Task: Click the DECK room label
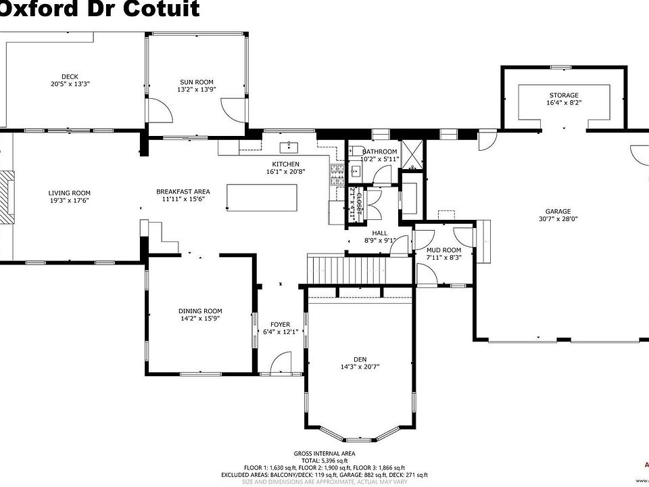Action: [70, 76]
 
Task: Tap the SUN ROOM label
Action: [195, 82]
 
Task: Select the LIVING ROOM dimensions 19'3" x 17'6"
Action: [69, 200]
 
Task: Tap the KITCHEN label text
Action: [285, 164]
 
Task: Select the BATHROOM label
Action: [379, 152]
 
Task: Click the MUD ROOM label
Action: [443, 250]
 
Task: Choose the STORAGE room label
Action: [563, 95]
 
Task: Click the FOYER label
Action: [280, 325]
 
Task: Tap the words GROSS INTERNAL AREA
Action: [324, 453]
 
